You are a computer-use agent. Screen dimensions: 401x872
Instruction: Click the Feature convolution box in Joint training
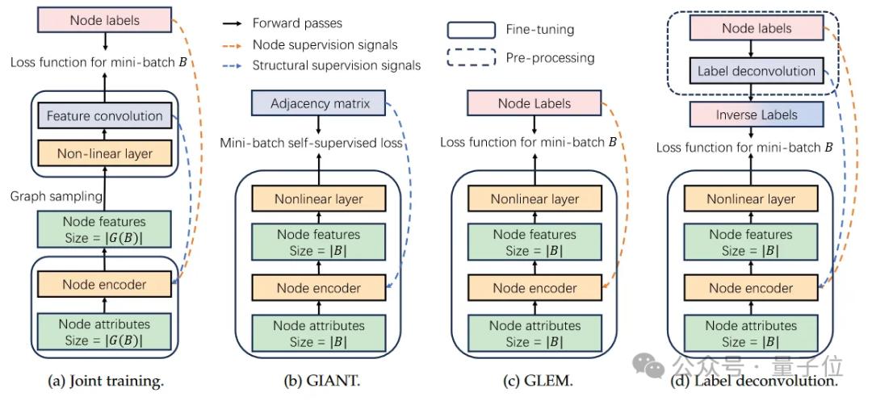(105, 116)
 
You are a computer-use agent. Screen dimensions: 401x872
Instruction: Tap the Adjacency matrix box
(319, 103)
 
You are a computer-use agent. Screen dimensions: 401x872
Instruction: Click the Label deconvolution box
(757, 71)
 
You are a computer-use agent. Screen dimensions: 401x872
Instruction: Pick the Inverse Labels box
(757, 115)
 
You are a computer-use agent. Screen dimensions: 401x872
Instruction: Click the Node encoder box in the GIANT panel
(319, 287)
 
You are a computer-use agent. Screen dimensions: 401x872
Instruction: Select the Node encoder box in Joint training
(105, 284)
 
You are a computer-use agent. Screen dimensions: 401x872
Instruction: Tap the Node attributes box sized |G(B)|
(105, 332)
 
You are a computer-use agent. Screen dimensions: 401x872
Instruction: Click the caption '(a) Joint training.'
(100, 379)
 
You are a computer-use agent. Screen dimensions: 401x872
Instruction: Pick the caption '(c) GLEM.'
(533, 379)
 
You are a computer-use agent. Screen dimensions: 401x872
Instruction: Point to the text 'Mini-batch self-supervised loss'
(312, 143)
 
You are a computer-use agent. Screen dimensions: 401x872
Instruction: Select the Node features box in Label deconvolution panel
(751, 242)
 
